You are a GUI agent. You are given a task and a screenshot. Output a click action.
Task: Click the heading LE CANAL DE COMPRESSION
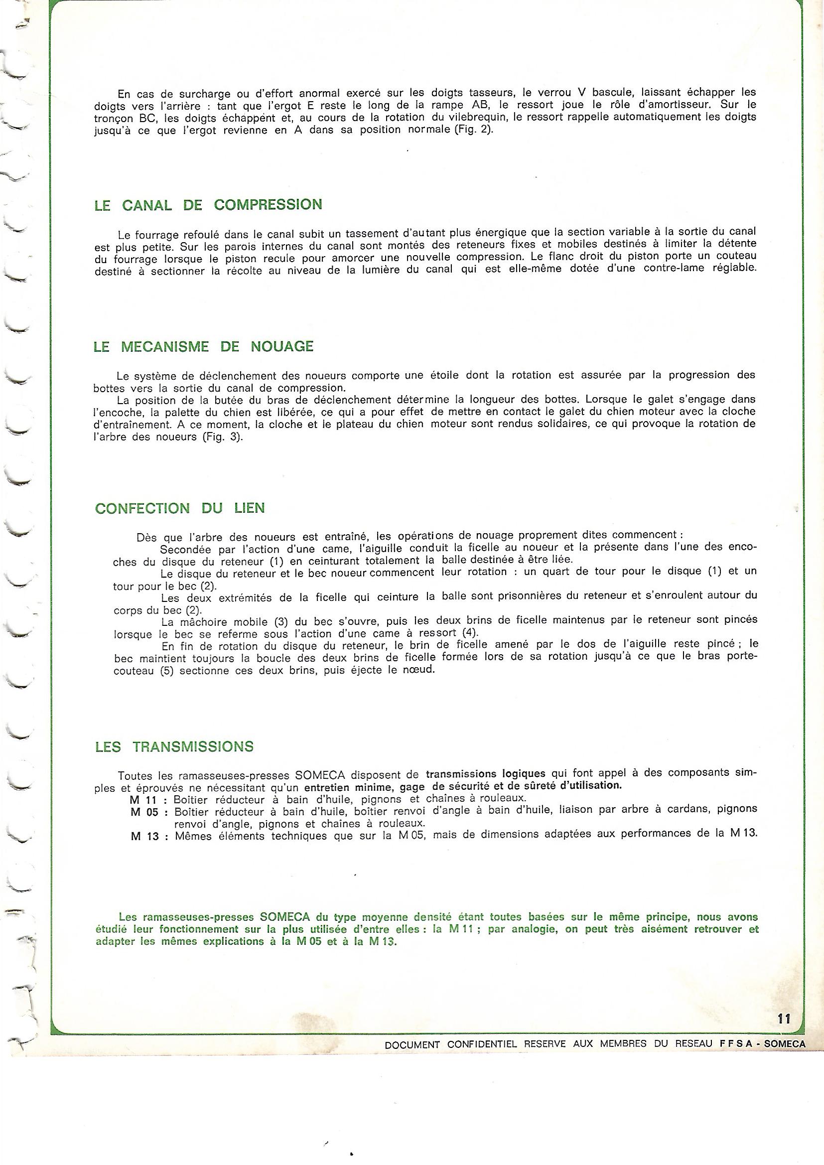(208, 205)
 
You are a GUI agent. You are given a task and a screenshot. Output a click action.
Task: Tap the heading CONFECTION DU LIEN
(180, 508)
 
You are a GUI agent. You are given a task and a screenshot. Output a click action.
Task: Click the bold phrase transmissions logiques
(486, 774)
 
